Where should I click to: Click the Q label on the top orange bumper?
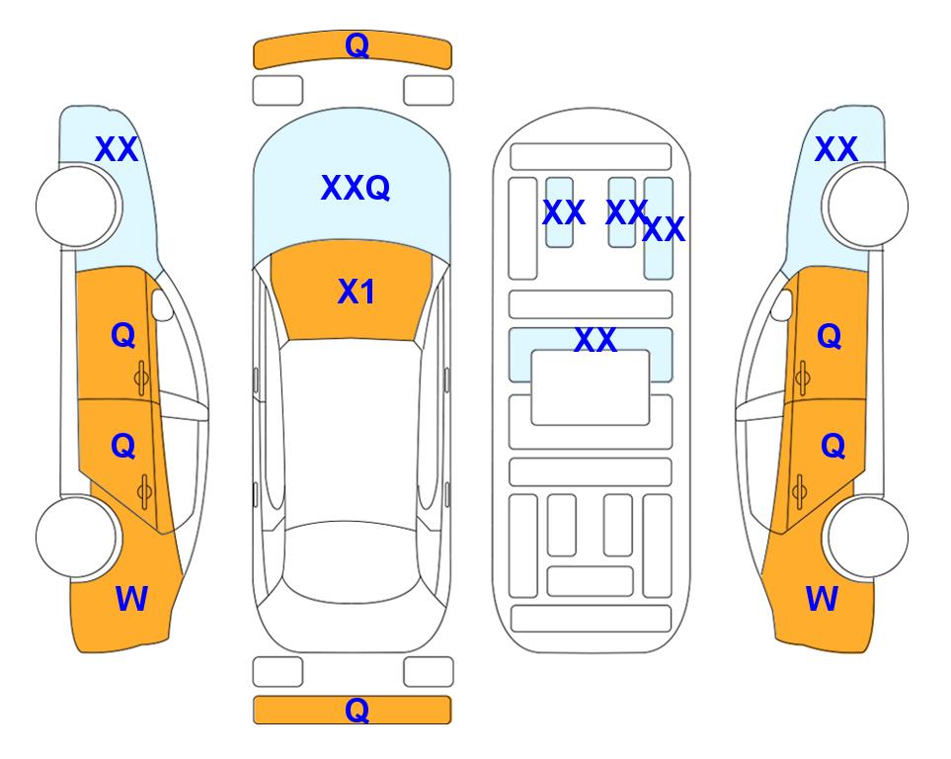[357, 45]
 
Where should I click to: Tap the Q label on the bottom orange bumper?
[357, 710]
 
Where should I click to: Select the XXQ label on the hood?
[356, 188]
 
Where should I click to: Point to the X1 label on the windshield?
[357, 292]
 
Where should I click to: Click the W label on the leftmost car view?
[131, 599]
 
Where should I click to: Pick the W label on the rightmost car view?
[822, 599]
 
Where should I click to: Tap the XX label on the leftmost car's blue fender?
[117, 149]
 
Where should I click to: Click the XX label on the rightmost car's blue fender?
[835, 149]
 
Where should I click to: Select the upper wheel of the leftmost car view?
[76, 207]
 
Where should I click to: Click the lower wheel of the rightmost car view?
[868, 537]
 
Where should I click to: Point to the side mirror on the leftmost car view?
[161, 304]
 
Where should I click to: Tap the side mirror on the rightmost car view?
[782, 304]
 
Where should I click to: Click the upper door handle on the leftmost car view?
[141, 378]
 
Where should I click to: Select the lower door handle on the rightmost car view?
[800, 491]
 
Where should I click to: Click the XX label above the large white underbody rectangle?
[594, 340]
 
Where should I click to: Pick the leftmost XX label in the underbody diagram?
[564, 212]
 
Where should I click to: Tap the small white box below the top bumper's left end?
[277, 91]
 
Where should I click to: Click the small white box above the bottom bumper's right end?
[429, 672]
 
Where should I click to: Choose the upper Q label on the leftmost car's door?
[123, 335]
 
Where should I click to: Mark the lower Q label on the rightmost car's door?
[832, 447]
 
